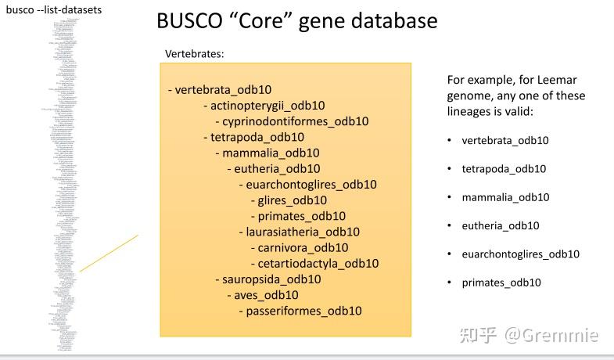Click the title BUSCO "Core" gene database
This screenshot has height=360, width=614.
point(296,20)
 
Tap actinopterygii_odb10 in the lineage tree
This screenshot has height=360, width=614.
point(264,106)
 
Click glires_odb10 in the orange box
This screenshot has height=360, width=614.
point(287,200)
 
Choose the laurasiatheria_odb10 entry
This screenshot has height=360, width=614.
point(299,232)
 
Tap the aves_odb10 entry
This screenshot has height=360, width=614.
point(266,295)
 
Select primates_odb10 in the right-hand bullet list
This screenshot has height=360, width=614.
point(501,283)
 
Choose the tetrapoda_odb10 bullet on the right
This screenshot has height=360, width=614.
point(504,169)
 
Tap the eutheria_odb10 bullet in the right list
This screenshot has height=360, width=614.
point(501,225)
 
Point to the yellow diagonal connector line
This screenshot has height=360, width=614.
point(109,253)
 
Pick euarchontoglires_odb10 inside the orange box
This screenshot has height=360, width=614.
point(311,185)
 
